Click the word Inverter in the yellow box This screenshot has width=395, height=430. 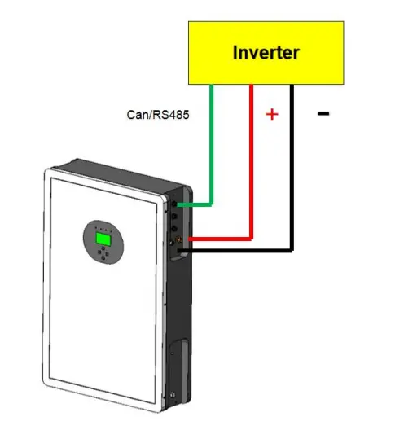coord(266,52)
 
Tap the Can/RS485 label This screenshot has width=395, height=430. coord(158,115)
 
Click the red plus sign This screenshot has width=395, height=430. coord(272,114)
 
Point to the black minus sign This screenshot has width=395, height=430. coord(323,113)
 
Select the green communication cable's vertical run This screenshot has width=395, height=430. coord(212,144)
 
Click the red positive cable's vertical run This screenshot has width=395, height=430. coord(252,161)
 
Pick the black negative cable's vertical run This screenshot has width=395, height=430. coord(292,167)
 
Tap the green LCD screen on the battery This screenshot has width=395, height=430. coord(103,239)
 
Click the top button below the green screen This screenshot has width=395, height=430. coord(103,248)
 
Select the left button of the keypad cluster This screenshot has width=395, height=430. coord(99,252)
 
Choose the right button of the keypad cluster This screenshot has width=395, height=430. coord(107,254)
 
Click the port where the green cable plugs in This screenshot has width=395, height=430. coord(174,204)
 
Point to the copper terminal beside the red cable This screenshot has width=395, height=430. coord(178,239)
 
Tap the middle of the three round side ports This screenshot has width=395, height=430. coord(174,217)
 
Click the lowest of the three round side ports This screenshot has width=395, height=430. coord(174,228)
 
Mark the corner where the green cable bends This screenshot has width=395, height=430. coord(212,204)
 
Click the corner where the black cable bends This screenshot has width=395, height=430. coord(292,250)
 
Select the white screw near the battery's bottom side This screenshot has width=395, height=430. coord(173,395)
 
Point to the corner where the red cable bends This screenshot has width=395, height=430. coord(252,239)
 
